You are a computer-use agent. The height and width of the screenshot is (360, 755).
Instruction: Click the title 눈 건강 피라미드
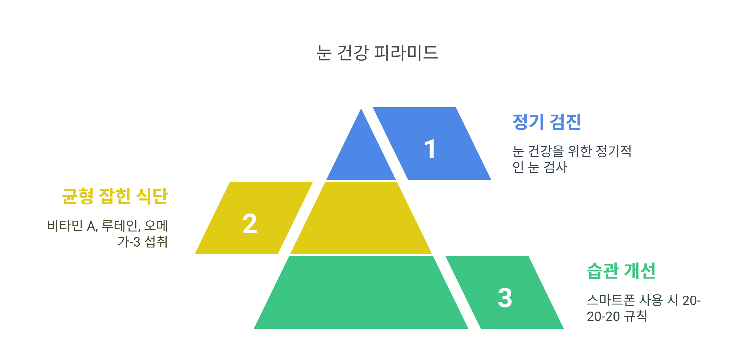pos(377,53)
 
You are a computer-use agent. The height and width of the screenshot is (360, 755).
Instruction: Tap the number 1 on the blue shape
pos(430,149)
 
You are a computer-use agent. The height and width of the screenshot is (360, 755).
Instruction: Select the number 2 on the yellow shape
pos(250,224)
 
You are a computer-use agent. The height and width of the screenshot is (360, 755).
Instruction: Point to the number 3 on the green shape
pos(505,298)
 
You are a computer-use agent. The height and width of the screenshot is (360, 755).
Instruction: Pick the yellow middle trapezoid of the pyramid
pos(361,219)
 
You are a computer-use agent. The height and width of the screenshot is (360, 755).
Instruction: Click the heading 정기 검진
pos(547,122)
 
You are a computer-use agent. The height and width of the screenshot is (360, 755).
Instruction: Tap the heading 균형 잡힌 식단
pos(115,196)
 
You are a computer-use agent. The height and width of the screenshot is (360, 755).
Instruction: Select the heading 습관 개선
pos(621,271)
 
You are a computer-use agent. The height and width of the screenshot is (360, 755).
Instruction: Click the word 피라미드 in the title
pos(406,53)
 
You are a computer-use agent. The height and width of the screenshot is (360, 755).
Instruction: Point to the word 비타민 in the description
pos(65,226)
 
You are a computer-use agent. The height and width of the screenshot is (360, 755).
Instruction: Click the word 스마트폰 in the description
pos(611,300)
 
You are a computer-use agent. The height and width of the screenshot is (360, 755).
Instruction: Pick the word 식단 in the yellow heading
pos(152,196)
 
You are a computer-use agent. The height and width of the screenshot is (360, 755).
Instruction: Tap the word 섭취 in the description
pos(156,242)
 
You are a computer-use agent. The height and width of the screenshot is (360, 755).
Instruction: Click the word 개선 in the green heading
pos(640,271)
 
